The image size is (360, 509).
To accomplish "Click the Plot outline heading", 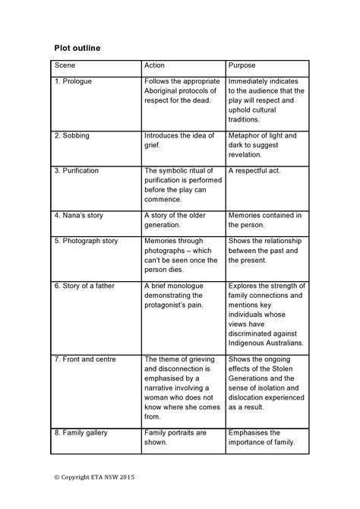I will tap(77, 48).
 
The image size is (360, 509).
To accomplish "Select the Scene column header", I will tap(65, 67).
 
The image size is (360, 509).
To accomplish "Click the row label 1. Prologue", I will tap(74, 81).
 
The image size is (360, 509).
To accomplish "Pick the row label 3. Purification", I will tap(77, 171).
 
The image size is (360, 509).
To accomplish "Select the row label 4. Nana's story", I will tap(80, 215).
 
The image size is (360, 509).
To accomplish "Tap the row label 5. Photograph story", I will tap(86, 241).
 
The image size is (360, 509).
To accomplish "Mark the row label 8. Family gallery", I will tap(81, 433).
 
